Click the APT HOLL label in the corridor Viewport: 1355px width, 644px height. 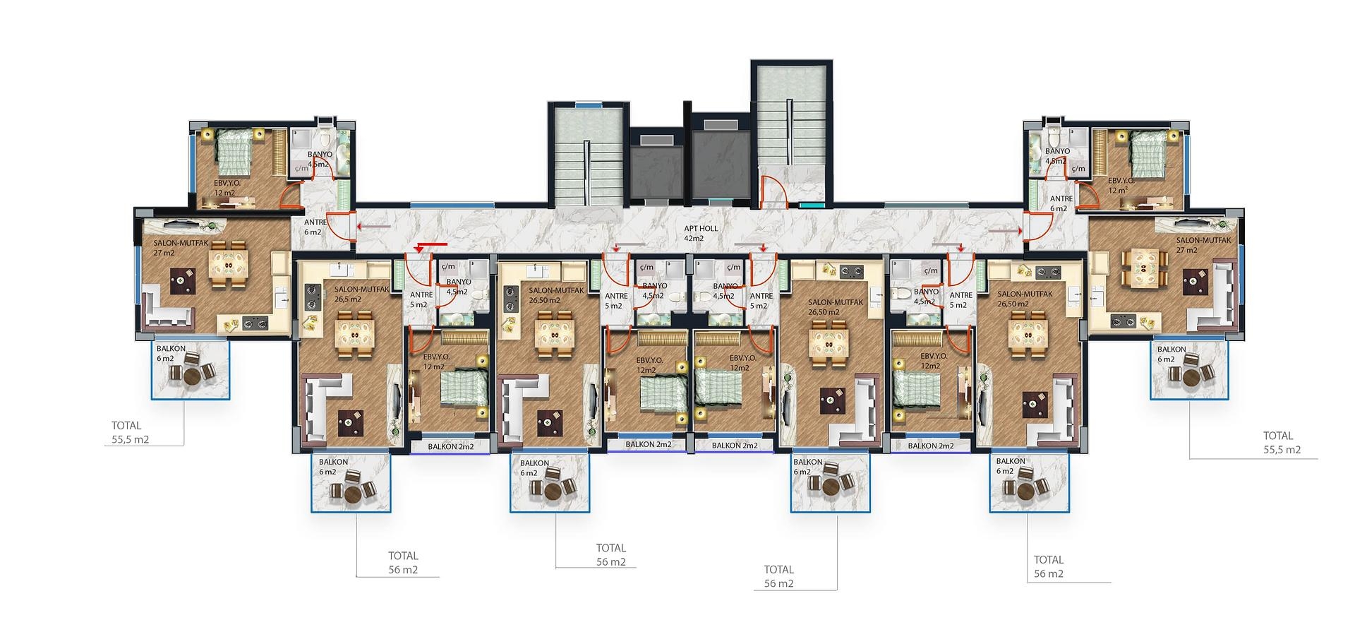pyautogui.click(x=701, y=229)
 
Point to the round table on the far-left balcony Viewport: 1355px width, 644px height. pyautogui.click(x=193, y=376)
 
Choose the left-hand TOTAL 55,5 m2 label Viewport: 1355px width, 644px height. pyautogui.click(x=130, y=433)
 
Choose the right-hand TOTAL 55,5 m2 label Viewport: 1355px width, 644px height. pyautogui.click(x=1282, y=443)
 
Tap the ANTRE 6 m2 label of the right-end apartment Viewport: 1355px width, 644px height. pyautogui.click(x=1061, y=203)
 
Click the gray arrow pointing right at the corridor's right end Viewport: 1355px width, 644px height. pyautogui.click(x=1004, y=230)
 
